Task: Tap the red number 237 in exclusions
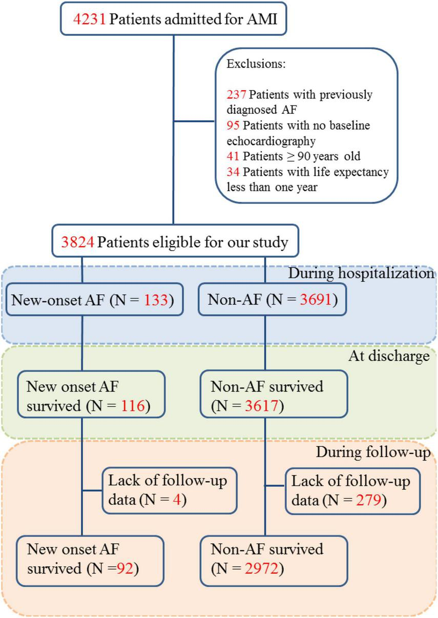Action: tap(237, 95)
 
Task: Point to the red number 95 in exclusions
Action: tap(233, 126)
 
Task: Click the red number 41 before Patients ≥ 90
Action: tap(233, 156)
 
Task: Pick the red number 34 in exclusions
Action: tap(233, 172)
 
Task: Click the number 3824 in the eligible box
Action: tap(77, 241)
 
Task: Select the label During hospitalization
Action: tap(361, 273)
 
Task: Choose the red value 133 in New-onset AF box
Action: tap(155, 299)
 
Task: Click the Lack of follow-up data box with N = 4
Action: tap(169, 490)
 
